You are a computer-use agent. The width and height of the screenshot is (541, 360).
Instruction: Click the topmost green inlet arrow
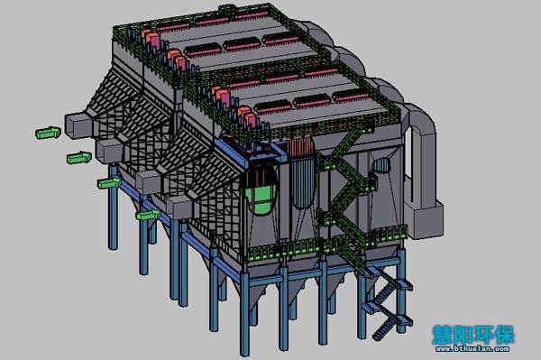coord(49,133)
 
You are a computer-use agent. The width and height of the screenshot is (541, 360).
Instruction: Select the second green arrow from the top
coord(79,158)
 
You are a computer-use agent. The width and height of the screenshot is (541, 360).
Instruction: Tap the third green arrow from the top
coord(109,183)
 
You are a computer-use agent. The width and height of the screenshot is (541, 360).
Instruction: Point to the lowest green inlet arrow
coord(148,215)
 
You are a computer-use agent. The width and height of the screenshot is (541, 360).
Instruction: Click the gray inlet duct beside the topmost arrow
coord(78,125)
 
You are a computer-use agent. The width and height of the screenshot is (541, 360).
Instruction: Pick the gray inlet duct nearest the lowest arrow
coord(179,208)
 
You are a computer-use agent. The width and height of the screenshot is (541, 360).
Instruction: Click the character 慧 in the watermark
coord(443,334)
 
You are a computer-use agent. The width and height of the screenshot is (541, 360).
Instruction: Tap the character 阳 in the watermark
coord(463,334)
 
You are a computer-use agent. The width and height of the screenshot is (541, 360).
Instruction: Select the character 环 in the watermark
coord(483,334)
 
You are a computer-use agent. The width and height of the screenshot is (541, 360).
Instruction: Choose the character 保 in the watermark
coord(504,334)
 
